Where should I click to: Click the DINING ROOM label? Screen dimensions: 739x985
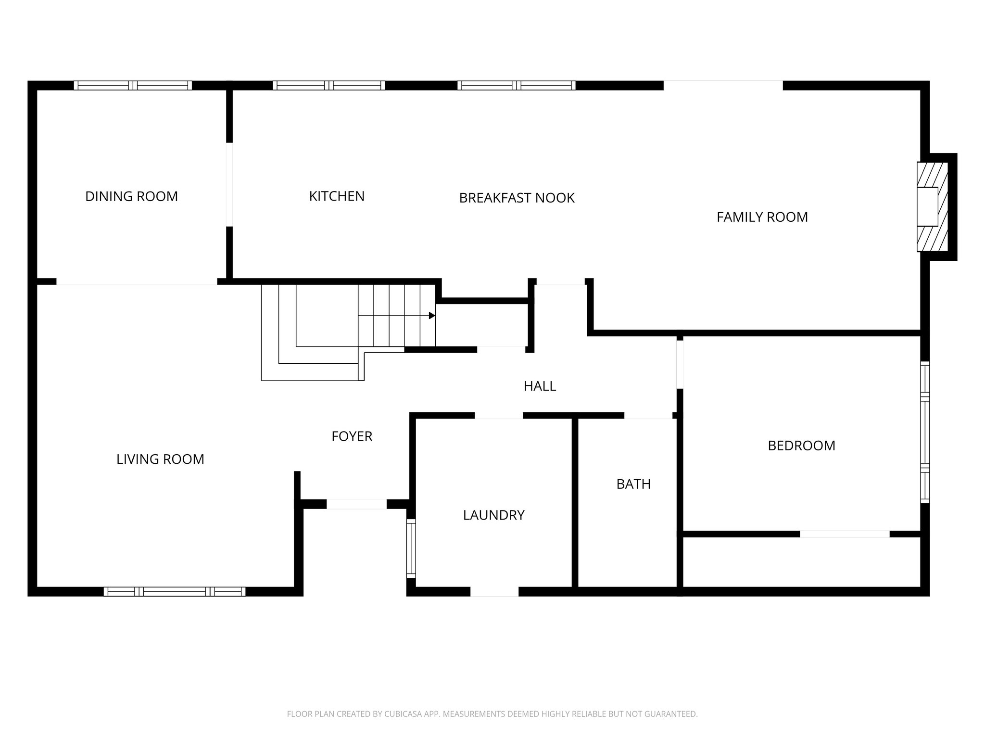click(x=131, y=196)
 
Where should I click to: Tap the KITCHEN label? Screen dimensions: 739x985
click(x=337, y=196)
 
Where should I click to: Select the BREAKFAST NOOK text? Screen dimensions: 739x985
click(x=517, y=198)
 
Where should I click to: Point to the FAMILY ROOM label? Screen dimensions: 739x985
click(x=762, y=217)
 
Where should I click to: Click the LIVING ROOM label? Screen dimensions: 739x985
click(x=160, y=459)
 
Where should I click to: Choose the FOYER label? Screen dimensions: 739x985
click(x=352, y=436)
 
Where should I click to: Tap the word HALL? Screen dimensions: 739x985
click(x=540, y=386)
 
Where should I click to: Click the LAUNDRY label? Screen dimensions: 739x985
click(x=493, y=515)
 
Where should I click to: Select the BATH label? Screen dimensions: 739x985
click(x=633, y=484)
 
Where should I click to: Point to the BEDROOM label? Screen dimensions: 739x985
click(x=801, y=446)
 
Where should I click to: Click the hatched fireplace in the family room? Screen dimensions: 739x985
click(x=932, y=207)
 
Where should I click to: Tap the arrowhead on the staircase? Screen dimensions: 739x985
click(x=432, y=316)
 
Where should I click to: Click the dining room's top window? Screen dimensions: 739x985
click(x=133, y=86)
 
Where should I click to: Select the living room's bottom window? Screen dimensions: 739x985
click(x=175, y=591)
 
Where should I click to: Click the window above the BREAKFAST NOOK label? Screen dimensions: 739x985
click(x=516, y=86)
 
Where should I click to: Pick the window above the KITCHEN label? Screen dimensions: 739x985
click(x=329, y=86)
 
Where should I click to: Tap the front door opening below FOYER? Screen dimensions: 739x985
click(x=356, y=504)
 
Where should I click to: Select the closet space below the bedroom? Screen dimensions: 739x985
click(x=801, y=562)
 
